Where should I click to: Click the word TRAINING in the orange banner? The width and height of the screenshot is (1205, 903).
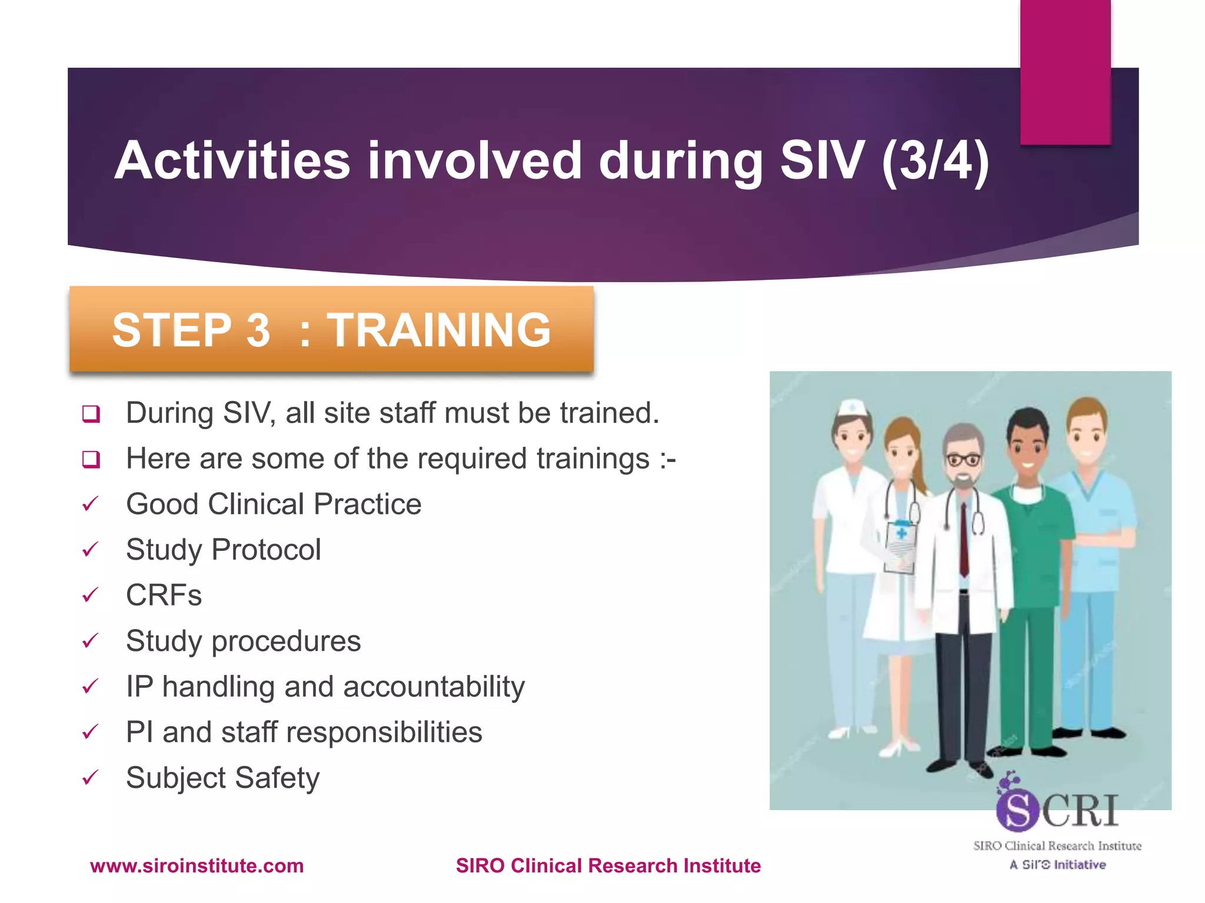click(x=438, y=330)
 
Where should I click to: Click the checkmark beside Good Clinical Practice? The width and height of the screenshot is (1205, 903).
click(x=90, y=504)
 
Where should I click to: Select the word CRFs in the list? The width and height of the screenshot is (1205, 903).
click(x=164, y=595)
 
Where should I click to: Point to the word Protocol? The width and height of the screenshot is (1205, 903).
click(x=266, y=550)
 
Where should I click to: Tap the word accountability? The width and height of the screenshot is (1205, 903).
click(x=434, y=687)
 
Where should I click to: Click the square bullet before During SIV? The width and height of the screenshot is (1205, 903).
click(x=91, y=413)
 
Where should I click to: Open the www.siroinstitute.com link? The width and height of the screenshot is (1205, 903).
click(x=197, y=865)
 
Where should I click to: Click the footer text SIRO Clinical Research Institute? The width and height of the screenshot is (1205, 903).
click(x=608, y=865)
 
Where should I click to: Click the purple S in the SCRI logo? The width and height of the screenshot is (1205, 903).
click(x=1017, y=810)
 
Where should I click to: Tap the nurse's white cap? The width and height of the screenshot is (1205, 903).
click(x=851, y=407)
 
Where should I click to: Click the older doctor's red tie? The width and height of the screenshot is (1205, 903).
click(x=964, y=538)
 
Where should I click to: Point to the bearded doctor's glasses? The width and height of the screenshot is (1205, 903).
click(x=963, y=459)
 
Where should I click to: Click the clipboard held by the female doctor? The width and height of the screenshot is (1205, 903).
click(x=900, y=547)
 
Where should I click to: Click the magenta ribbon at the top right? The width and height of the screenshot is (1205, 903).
click(x=1065, y=71)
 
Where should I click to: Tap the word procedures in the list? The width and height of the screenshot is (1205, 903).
click(x=286, y=641)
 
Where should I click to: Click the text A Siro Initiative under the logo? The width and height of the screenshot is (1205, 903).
click(x=1057, y=864)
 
